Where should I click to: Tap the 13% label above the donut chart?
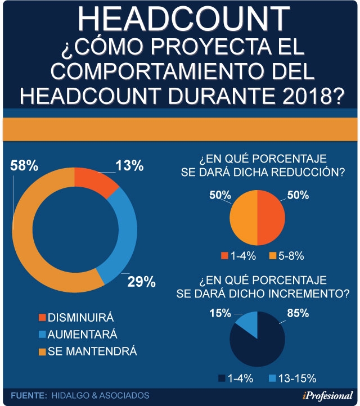pos(129,166)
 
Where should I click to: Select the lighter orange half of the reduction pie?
pos(244,216)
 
